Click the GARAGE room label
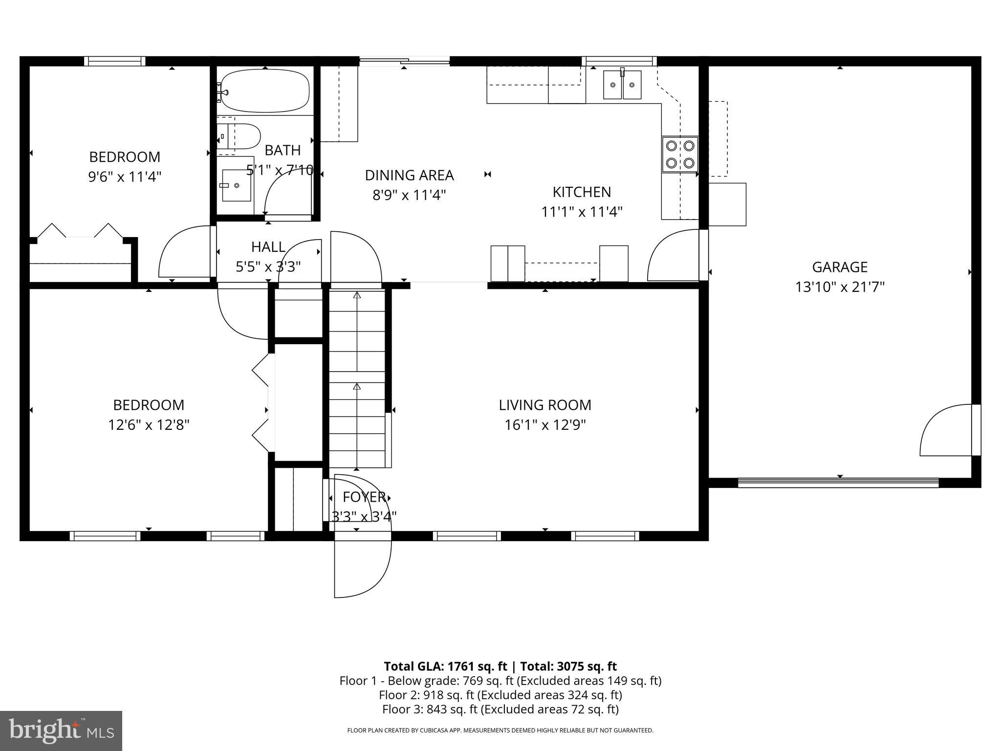[840, 267]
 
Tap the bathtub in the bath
[265, 91]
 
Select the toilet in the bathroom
[241, 136]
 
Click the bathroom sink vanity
[236, 185]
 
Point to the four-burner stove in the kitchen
[680, 154]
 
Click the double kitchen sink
[622, 85]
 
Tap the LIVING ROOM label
[545, 405]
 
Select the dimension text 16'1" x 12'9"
[545, 425]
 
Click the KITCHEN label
[582, 192]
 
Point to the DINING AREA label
[409, 175]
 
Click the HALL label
[268, 247]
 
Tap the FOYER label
[364, 497]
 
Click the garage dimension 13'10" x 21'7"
[840, 287]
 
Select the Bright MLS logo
[61, 730]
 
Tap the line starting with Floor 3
[500, 709]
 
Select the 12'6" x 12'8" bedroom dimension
[149, 425]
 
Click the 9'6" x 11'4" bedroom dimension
[125, 177]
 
